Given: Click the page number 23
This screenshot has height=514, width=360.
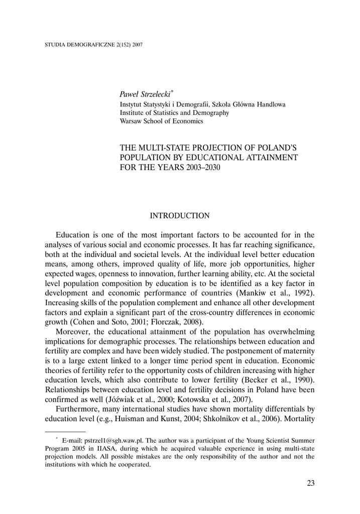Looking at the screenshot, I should pyautogui.click(x=310, y=483).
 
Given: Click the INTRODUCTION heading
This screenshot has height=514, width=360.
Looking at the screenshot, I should pyautogui.click(x=180, y=215).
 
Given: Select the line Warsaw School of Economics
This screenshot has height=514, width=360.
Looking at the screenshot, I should pyautogui.click(x=161, y=121).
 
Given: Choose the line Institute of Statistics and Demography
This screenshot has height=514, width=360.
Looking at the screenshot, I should pyautogui.click(x=174, y=113).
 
